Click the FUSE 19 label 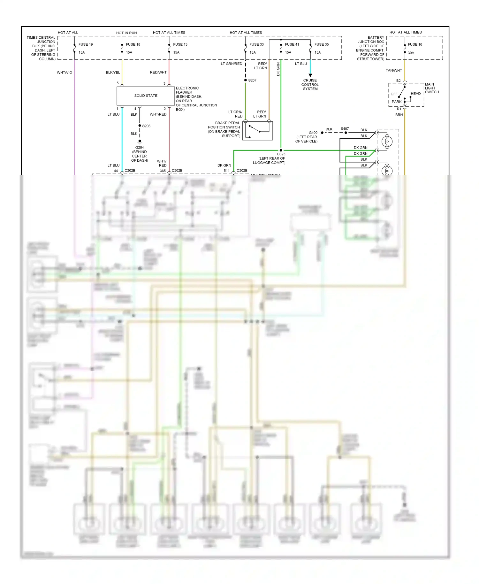(x=86, y=44)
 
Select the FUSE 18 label (x=133, y=44)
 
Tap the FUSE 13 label (x=180, y=44)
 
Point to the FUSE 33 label (x=256, y=44)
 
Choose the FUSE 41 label (x=292, y=44)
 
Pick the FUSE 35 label (x=321, y=44)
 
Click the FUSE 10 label (x=415, y=44)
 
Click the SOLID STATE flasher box (x=146, y=96)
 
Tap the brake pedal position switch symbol (x=257, y=130)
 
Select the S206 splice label (x=146, y=126)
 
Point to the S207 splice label (x=252, y=80)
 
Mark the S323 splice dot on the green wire (x=281, y=150)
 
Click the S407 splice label (x=345, y=129)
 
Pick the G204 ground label (x=140, y=148)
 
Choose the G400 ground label (x=313, y=133)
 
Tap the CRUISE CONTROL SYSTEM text (x=310, y=85)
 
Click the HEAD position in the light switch (x=415, y=94)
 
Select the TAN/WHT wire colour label (x=394, y=70)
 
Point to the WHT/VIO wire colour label (x=65, y=73)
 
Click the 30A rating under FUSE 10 (x=411, y=53)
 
